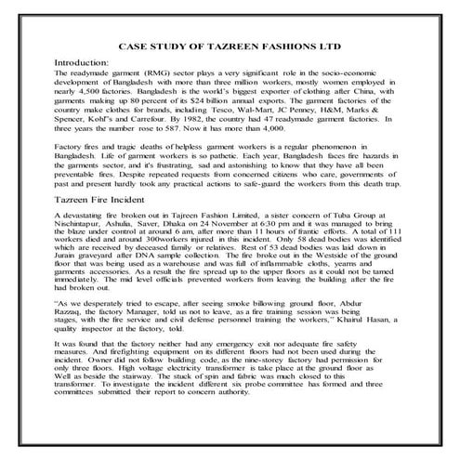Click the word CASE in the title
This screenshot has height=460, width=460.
coord(136,45)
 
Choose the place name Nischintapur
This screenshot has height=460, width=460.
coord(85,225)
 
